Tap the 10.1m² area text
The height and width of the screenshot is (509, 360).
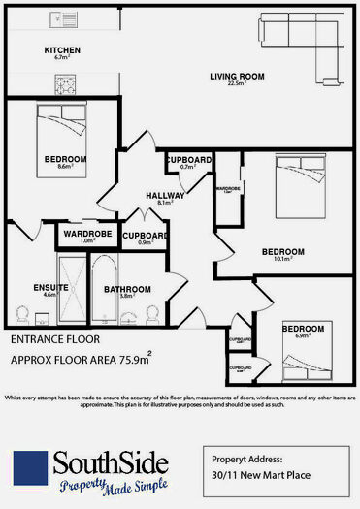(281, 260)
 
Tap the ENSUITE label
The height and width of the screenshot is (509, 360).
(49, 288)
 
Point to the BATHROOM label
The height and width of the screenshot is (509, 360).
(127, 289)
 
